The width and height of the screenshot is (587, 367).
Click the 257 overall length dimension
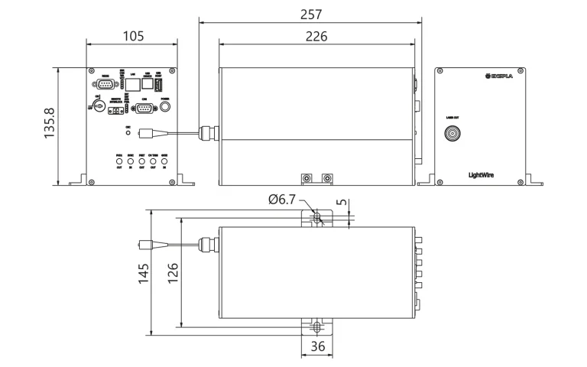[311, 14]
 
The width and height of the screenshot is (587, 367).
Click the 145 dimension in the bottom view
[142, 272]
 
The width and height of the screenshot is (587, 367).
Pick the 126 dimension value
[172, 272]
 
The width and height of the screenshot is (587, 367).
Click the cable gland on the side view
[204, 134]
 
